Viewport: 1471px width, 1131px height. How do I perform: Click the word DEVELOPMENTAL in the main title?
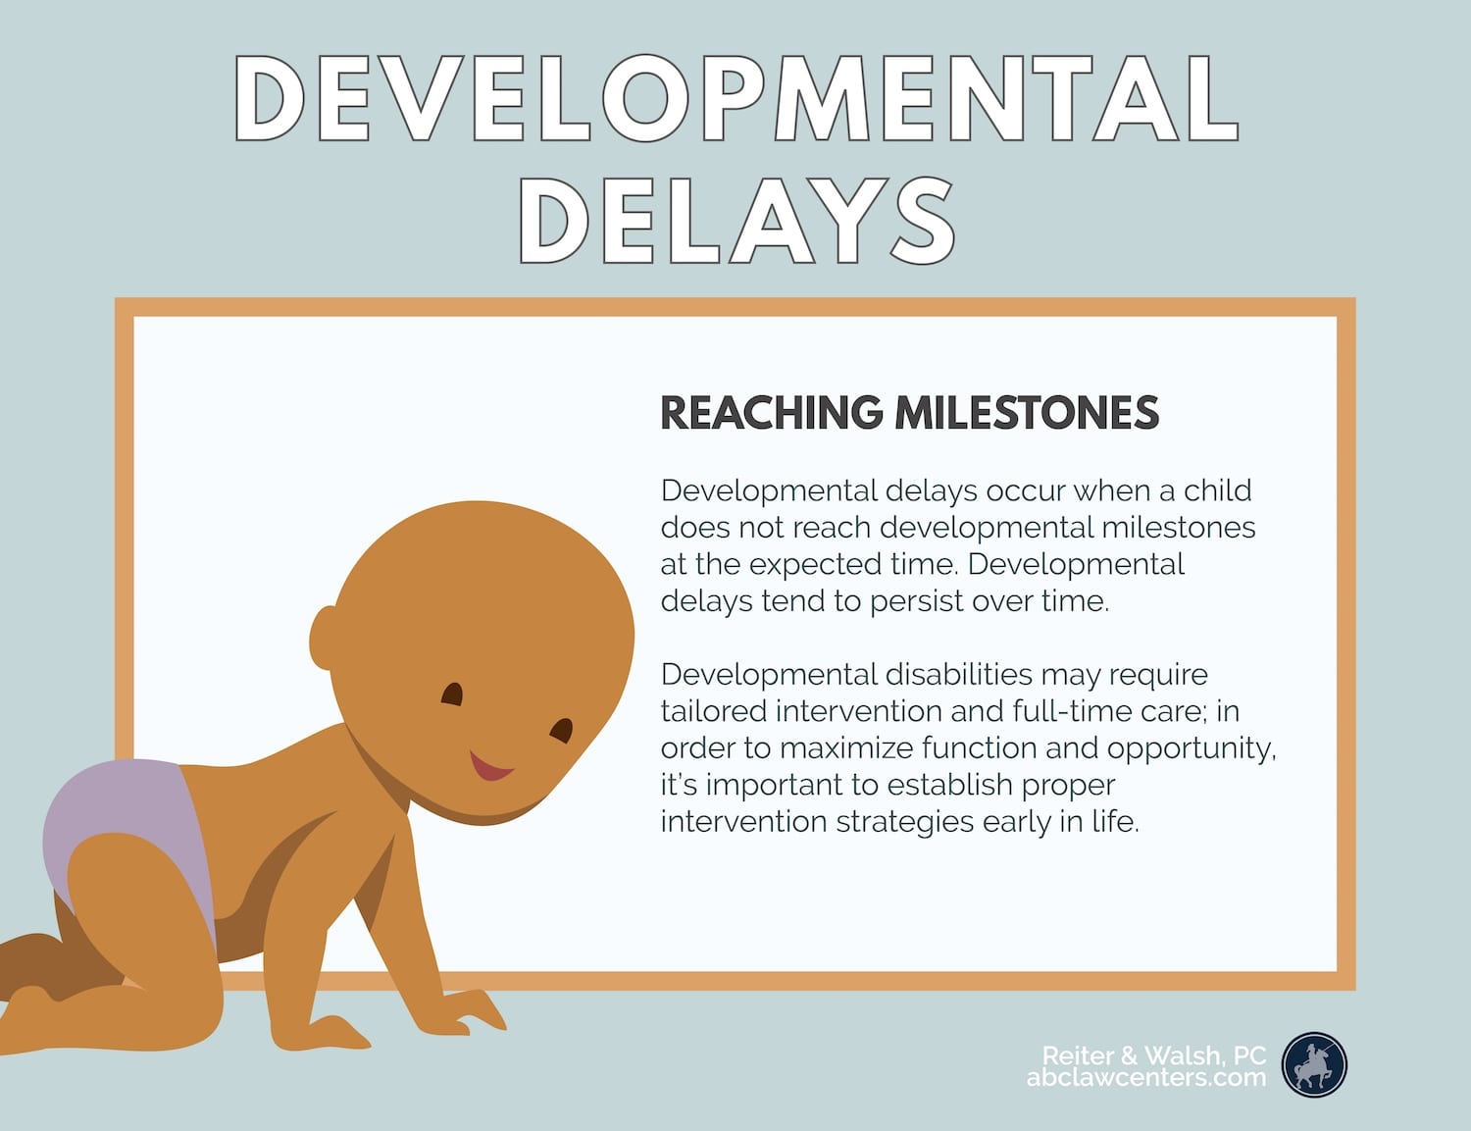click(735, 98)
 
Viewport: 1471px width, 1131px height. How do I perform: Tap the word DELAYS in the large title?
click(735, 221)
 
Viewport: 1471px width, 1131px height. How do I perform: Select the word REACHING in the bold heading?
click(771, 413)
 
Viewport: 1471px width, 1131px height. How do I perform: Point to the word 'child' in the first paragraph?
click(1217, 490)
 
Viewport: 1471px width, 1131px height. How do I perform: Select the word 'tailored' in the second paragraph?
click(713, 711)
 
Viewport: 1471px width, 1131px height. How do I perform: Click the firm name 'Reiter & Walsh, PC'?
click(1153, 1055)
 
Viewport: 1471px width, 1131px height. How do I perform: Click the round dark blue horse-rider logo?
click(1314, 1064)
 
